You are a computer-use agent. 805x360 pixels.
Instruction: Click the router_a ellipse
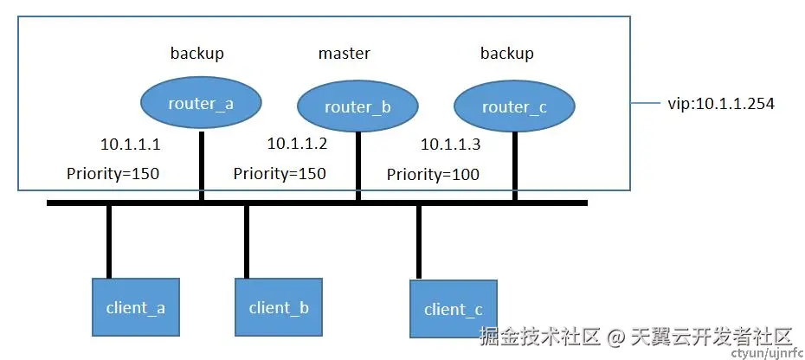(x=200, y=104)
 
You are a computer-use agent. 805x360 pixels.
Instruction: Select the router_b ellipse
(x=357, y=107)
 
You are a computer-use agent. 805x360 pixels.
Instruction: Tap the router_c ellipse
(x=515, y=106)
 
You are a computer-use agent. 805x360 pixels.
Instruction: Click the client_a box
(x=135, y=307)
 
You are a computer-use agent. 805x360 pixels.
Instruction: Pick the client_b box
(x=278, y=307)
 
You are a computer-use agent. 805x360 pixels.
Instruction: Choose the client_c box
(x=454, y=309)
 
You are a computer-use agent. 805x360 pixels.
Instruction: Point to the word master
(x=344, y=54)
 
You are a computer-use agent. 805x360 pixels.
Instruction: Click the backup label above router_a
(x=196, y=54)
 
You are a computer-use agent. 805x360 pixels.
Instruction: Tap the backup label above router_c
(x=506, y=54)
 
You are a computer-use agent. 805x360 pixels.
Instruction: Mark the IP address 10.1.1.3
(x=450, y=145)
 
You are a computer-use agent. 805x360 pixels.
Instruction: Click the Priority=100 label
(x=433, y=175)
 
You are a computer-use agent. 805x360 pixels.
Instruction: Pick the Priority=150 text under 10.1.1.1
(x=113, y=174)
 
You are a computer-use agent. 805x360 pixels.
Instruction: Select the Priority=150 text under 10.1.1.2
(x=280, y=174)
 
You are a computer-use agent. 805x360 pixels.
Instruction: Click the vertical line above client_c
(x=419, y=241)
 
